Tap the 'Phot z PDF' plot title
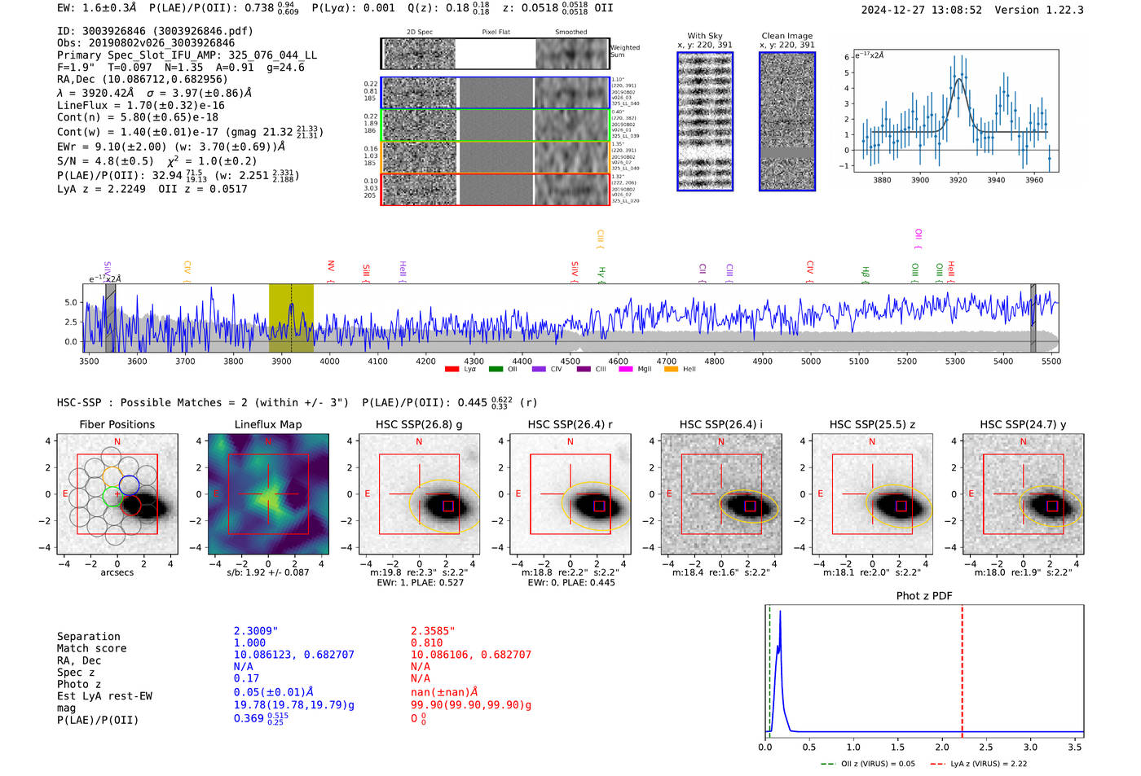[923, 595]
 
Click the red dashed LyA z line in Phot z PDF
[962, 668]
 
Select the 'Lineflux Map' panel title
[267, 424]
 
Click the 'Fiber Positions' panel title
[117, 424]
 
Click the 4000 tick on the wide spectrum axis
[329, 361]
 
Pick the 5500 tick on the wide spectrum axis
[1051, 361]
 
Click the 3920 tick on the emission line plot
[958, 180]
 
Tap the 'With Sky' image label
[704, 36]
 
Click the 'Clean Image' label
[786, 36]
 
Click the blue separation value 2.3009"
[255, 630]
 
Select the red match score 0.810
[426, 642]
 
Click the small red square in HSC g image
[447, 506]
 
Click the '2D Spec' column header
[419, 32]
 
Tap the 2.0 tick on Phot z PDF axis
[941, 747]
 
